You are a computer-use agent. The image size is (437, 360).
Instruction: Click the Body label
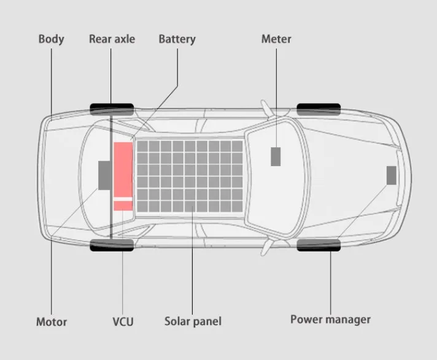click(51, 39)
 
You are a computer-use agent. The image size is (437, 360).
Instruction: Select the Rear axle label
click(112, 39)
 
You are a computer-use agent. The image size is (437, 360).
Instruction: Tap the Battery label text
click(177, 39)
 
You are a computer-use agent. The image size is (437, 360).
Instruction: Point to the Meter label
click(276, 39)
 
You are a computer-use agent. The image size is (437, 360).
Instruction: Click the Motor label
click(52, 321)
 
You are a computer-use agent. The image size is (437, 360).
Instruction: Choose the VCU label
click(123, 321)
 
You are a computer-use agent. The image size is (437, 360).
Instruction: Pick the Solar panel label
click(193, 321)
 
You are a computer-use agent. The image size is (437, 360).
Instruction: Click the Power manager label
click(330, 320)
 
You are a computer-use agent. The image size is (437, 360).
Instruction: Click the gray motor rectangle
click(105, 175)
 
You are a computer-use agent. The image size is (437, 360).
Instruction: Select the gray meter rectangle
click(276, 156)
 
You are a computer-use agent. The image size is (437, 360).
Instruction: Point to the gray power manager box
click(391, 175)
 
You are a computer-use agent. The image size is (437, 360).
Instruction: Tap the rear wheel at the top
click(112, 109)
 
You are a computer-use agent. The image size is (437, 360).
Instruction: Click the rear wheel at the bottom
click(112, 245)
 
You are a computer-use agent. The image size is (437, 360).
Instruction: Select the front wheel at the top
click(319, 109)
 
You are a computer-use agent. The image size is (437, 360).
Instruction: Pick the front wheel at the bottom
click(319, 245)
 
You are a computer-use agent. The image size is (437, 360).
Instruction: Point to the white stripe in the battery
click(123, 199)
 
